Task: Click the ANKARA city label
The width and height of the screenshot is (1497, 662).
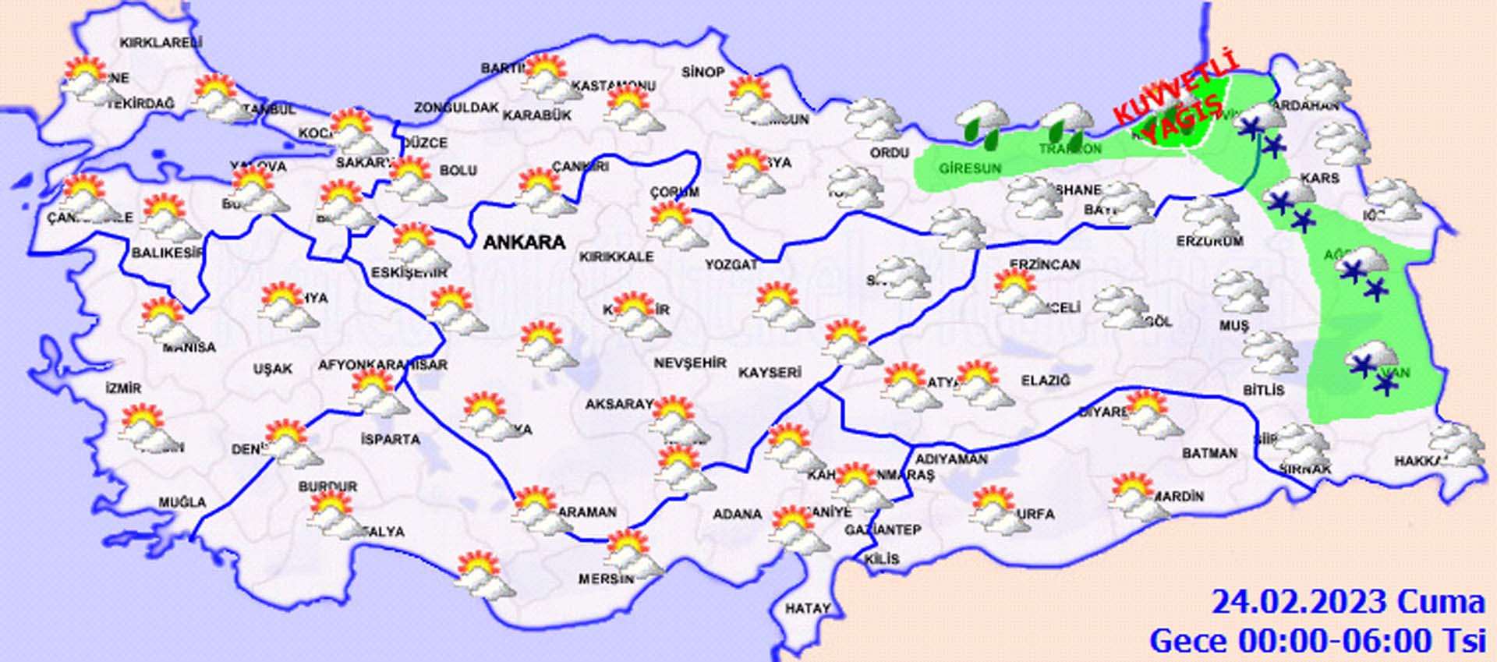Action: pos(524,242)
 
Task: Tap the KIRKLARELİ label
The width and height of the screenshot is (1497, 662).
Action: pos(161,43)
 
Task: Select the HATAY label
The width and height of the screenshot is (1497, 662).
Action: pos(807,608)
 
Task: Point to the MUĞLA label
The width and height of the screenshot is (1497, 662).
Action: pos(182,502)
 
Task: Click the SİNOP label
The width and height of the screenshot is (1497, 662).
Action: pos(702,72)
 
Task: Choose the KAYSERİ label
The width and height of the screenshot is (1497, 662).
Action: pos(770,373)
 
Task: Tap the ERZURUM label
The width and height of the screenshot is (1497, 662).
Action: pos(1209,242)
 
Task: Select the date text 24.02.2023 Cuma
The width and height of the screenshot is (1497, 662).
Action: pos(1347,603)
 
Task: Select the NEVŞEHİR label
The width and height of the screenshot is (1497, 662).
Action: pos(689,363)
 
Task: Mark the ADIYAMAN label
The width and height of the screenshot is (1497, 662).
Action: pos(951,459)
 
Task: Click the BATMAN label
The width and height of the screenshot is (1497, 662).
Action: pos(1209,453)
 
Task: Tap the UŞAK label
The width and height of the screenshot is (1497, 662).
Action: pos(273,368)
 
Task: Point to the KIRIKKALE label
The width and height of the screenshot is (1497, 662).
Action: pos(616,257)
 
